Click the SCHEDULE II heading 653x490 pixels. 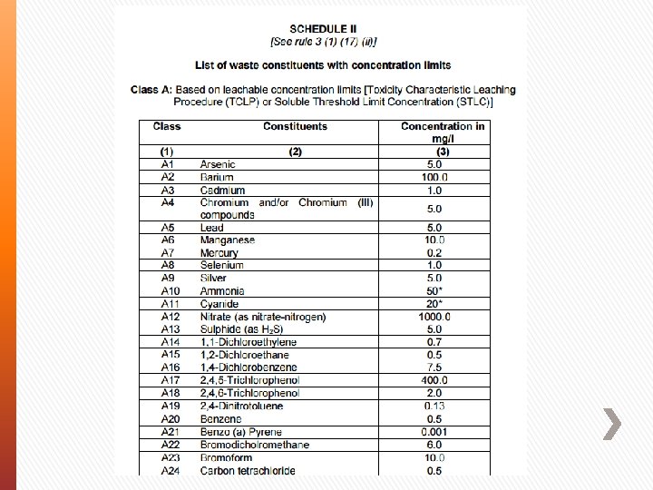tap(323, 28)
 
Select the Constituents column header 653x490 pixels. tap(295, 126)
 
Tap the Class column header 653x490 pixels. tap(167, 126)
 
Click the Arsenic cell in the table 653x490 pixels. tap(219, 165)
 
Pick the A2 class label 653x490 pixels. tap(167, 178)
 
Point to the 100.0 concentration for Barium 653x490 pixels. tap(434, 178)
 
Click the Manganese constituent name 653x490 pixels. tap(227, 240)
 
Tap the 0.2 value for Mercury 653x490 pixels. tap(434, 253)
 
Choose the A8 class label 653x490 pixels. tap(167, 265)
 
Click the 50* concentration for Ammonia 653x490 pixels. tap(434, 291)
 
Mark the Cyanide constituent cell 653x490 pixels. tap(219, 304)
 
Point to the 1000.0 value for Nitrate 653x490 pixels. tap(434, 317)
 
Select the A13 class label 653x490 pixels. tap(170, 329)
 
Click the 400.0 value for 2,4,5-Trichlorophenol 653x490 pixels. tap(434, 380)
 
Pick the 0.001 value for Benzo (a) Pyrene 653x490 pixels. tap(434, 432)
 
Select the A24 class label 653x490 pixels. tap(170, 471)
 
